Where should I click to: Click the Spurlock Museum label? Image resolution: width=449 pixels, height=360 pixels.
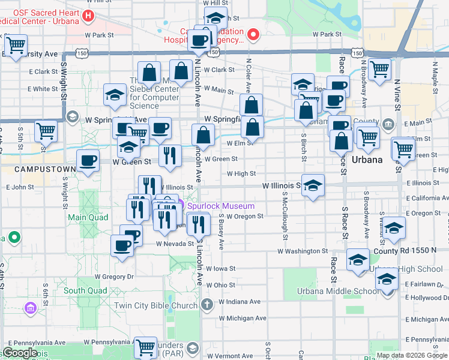[220, 206]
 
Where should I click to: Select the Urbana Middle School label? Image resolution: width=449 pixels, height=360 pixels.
[330, 292]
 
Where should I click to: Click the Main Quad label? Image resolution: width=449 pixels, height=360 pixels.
[88, 217]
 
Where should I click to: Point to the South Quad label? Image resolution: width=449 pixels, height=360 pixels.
[85, 291]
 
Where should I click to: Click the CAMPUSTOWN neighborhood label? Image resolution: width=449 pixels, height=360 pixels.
[38, 169]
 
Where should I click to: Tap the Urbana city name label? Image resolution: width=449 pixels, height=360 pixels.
[367, 160]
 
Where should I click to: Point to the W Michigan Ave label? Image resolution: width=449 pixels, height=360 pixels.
[243, 318]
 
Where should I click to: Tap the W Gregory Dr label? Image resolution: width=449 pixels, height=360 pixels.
[113, 277]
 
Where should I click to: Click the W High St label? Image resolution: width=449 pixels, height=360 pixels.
[241, 174]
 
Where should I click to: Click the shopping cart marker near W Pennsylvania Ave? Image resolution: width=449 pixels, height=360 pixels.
[146, 347]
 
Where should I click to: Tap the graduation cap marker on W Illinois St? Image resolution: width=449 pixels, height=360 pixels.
[313, 186]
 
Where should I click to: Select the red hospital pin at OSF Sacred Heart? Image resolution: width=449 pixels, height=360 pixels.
[89, 16]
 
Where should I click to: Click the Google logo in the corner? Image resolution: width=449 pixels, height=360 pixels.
[20, 353]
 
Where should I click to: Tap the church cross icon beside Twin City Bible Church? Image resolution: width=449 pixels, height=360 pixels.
[207, 304]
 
